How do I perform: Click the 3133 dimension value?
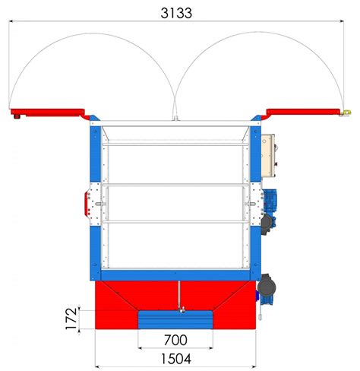[x=176, y=13]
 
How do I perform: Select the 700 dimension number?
[x=175, y=340]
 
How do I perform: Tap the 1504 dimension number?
[x=176, y=359]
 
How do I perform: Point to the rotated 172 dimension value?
[x=71, y=319]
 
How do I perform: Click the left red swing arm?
[x=48, y=113]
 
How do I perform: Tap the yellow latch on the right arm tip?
[x=346, y=113]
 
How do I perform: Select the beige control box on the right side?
[x=268, y=155]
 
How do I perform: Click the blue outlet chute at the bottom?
[x=175, y=320]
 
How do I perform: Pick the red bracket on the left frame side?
[x=86, y=204]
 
